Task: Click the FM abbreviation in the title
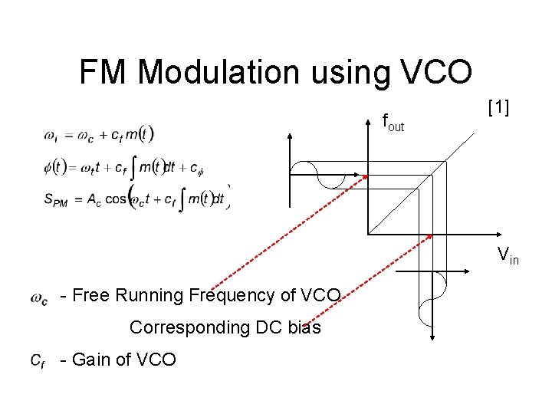(105, 73)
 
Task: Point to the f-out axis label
(393, 122)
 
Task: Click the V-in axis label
(508, 255)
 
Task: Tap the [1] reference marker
(498, 107)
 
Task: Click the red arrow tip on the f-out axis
(366, 176)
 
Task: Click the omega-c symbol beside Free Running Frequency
(39, 297)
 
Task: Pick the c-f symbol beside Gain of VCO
(38, 360)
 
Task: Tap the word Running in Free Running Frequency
(153, 295)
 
